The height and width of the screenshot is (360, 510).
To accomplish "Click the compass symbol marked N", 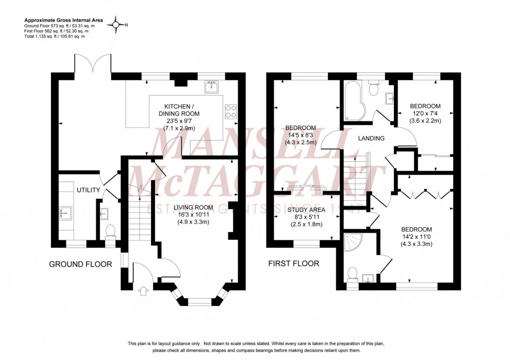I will point(120,24).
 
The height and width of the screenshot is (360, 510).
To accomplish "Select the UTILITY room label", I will point(88,190).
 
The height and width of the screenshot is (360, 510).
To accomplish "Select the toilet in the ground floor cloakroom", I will point(110,230).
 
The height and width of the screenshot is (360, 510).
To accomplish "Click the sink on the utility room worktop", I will point(66,212).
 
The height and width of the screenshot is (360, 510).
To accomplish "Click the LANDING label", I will point(372,138).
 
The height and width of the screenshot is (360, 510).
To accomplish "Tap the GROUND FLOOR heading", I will point(80,264).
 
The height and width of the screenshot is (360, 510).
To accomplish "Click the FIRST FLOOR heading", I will point(294,264).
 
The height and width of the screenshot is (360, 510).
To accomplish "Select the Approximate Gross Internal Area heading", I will point(63,19).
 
